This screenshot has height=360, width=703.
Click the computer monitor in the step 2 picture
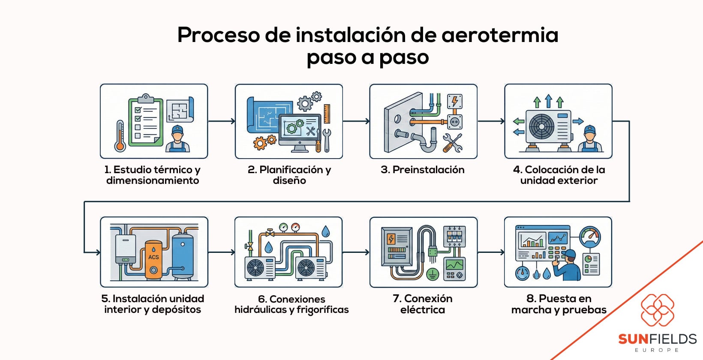coord(300,131)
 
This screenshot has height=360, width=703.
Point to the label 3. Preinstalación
coord(422,170)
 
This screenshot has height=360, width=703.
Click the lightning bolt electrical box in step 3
coord(454,102)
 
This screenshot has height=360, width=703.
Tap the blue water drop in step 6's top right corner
coord(326,232)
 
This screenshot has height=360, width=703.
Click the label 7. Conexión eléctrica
coord(422,304)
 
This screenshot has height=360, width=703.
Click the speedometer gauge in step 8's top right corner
coord(590,237)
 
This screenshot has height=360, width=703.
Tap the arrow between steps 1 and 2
coord(222,121)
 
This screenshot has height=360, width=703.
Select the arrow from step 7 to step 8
coord(491,252)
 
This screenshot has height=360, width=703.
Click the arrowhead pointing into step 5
coord(97,252)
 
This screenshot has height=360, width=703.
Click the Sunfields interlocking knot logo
coord(657,310)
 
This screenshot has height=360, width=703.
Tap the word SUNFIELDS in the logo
coord(657,339)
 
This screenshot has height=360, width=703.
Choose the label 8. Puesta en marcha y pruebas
coord(559,304)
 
